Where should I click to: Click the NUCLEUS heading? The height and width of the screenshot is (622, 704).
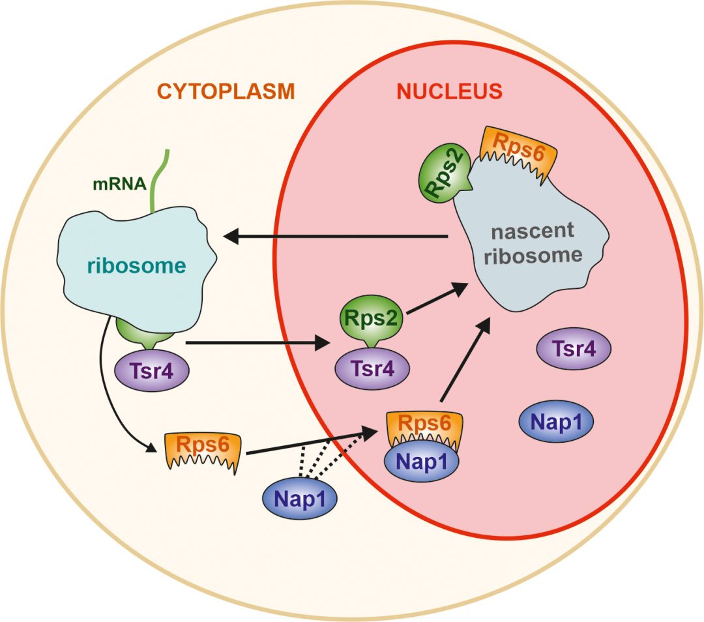pyautogui.click(x=450, y=91)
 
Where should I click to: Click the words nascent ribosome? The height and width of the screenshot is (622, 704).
pyautogui.click(x=533, y=242)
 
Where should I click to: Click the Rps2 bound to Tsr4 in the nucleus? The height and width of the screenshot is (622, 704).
pyautogui.click(x=372, y=319)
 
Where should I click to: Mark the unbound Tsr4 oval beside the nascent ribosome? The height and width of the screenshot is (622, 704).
pyautogui.click(x=574, y=349)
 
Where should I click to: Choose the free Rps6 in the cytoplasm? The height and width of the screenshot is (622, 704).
pyautogui.click(x=204, y=448)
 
